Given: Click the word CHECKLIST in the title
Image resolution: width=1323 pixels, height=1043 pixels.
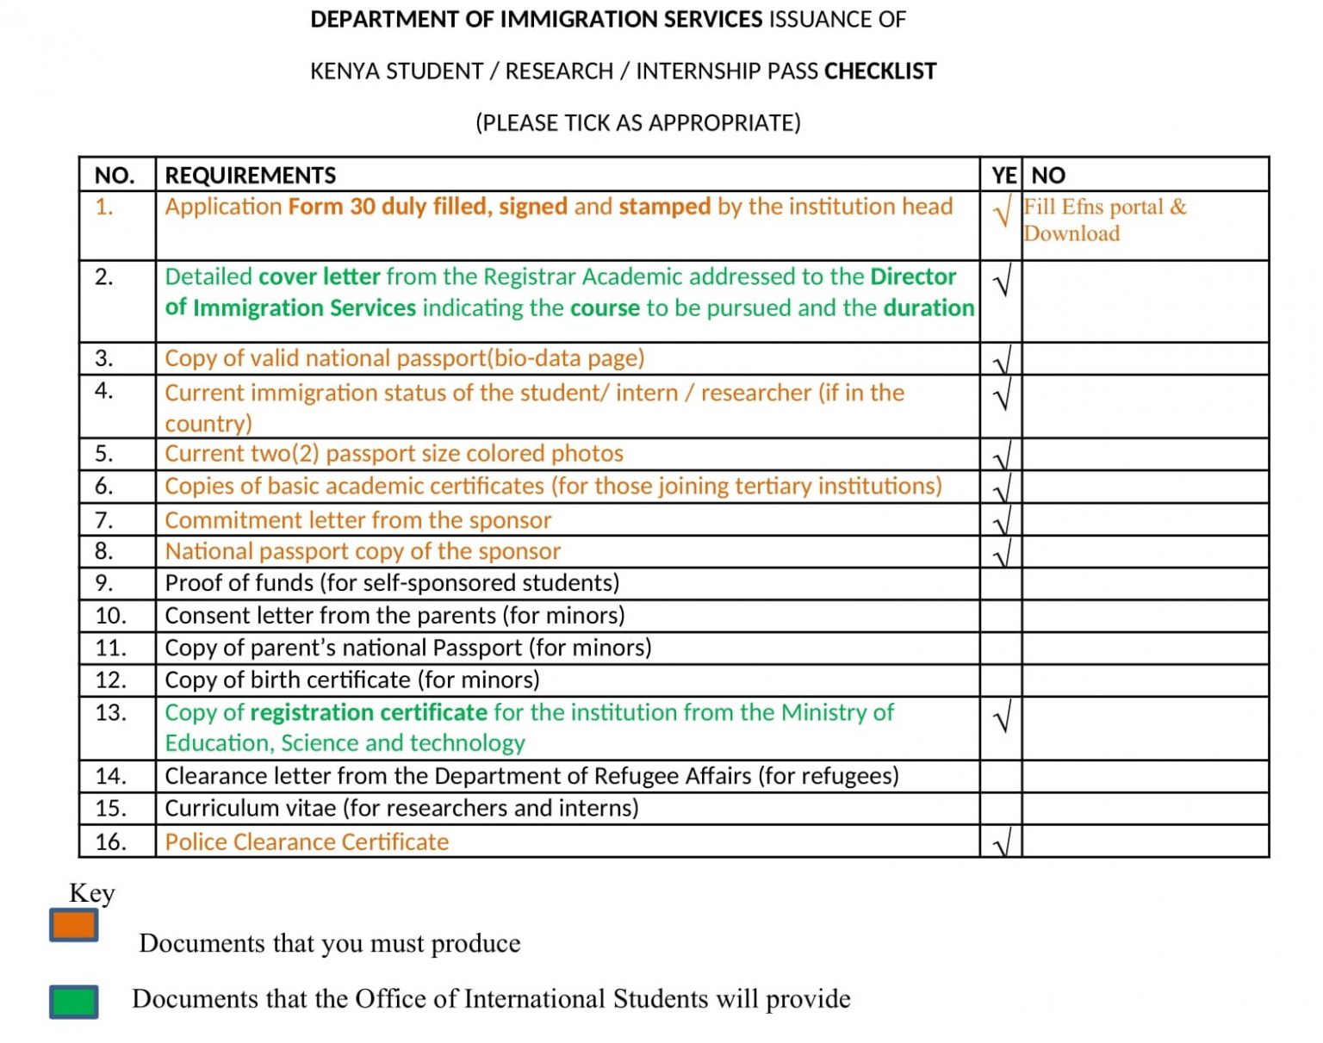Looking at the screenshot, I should [879, 71].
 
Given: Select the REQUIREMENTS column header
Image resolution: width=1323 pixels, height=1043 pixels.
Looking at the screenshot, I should [250, 175].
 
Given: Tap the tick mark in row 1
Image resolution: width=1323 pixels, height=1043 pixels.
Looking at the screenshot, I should [1002, 211].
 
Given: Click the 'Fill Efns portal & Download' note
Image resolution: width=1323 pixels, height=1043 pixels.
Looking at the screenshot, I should [1105, 220].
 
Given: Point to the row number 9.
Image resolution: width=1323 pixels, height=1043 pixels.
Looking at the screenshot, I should [104, 583].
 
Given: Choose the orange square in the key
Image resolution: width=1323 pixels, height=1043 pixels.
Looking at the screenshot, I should [74, 925].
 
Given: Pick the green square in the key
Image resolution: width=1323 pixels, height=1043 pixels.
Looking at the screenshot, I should [74, 1002].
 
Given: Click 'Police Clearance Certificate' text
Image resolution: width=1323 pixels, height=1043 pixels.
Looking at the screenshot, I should [307, 841].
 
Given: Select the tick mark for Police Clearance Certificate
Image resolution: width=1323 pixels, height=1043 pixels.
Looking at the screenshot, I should [1002, 843].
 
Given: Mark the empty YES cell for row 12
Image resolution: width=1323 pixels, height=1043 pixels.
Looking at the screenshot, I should [1001, 680].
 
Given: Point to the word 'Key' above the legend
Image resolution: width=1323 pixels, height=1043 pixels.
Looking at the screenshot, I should [91, 893].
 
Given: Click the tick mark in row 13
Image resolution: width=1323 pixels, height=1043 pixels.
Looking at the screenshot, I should [1002, 717].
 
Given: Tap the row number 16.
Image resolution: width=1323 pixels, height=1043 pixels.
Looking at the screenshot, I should [111, 841].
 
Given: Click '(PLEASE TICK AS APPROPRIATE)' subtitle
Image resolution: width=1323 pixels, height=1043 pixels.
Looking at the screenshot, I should [637, 122].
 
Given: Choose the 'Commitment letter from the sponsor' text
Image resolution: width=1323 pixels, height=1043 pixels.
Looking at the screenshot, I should [357, 520].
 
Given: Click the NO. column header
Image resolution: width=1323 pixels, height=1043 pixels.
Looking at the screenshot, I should [115, 175].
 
